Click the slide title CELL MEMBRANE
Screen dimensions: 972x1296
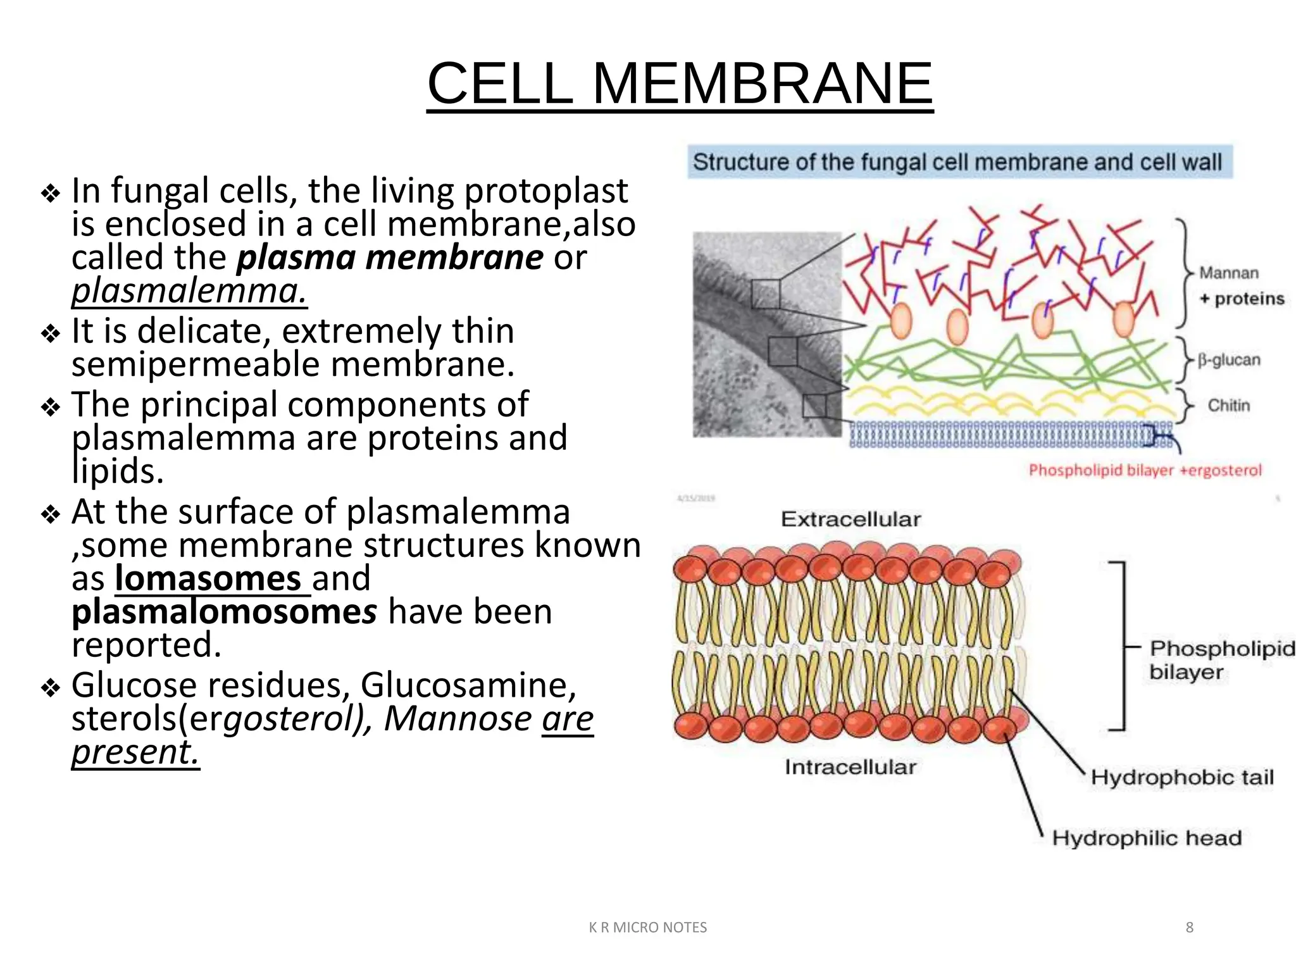[680, 84]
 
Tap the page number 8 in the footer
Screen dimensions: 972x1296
[1189, 927]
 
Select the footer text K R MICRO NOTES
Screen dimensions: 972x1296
[647, 928]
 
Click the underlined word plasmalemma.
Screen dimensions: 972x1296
[189, 291]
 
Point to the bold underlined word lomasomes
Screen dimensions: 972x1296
[208, 578]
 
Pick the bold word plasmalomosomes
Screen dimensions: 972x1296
[224, 612]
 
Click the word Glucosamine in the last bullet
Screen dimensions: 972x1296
[468, 685]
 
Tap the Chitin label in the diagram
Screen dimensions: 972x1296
[1228, 406]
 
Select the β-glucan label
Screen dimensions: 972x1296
[1228, 360]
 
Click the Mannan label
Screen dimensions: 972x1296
[1228, 273]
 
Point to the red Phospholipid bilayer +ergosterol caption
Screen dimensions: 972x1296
[1145, 470]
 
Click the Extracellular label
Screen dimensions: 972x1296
[850, 520]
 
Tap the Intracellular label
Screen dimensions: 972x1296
[850, 767]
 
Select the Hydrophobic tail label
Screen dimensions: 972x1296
[1181, 777]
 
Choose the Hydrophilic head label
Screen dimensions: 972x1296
[1146, 838]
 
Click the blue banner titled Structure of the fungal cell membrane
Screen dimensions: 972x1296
[959, 162]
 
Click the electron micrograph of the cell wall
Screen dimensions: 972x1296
[766, 334]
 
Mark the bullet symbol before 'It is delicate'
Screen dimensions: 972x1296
[51, 333]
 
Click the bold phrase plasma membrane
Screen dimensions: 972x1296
[390, 258]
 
